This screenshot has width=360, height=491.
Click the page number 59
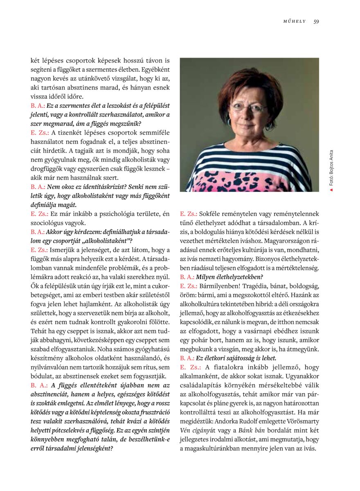click(316, 22)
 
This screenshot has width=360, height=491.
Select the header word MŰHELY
click(295, 22)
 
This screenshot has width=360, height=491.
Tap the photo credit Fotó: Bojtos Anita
click(331, 168)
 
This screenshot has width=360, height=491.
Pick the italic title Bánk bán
click(261, 430)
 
